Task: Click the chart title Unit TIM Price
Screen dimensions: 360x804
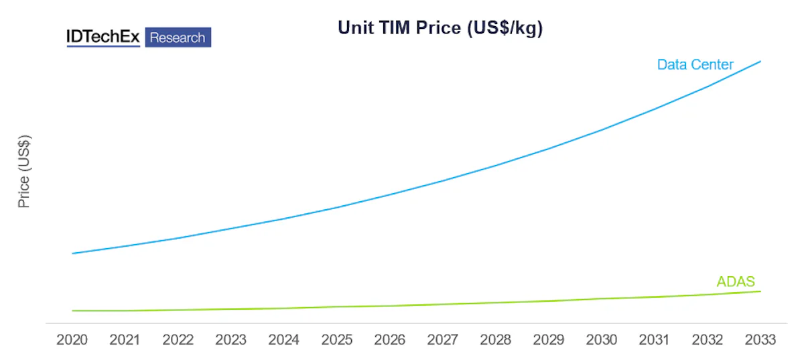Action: coord(440,29)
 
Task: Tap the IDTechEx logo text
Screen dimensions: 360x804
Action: coord(103,38)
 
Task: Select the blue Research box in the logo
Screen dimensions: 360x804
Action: coord(178,38)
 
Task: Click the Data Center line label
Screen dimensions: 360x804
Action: coord(695,65)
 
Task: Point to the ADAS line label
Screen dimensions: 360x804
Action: coord(736,282)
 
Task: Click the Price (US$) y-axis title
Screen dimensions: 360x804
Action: coord(24,172)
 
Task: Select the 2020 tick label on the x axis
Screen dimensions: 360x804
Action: coord(72,340)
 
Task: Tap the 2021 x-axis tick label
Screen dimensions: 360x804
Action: coord(125,340)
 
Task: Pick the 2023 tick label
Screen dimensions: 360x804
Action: coord(231,340)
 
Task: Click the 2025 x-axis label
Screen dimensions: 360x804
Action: coord(337,340)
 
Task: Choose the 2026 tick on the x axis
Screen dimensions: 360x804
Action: coord(390,340)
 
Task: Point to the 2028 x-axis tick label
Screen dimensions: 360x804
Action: coord(496,340)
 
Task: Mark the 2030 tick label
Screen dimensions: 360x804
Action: coord(602,340)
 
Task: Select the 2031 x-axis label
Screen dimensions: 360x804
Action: coord(655,340)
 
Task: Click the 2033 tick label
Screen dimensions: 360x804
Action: coord(760,340)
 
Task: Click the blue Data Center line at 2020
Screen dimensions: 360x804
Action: coord(72,253)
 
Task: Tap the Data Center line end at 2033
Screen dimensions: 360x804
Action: coord(760,61)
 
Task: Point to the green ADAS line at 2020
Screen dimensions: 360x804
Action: coord(72,310)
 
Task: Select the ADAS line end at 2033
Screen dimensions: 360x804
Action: coord(760,291)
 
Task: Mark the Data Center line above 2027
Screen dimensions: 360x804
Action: coord(443,180)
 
